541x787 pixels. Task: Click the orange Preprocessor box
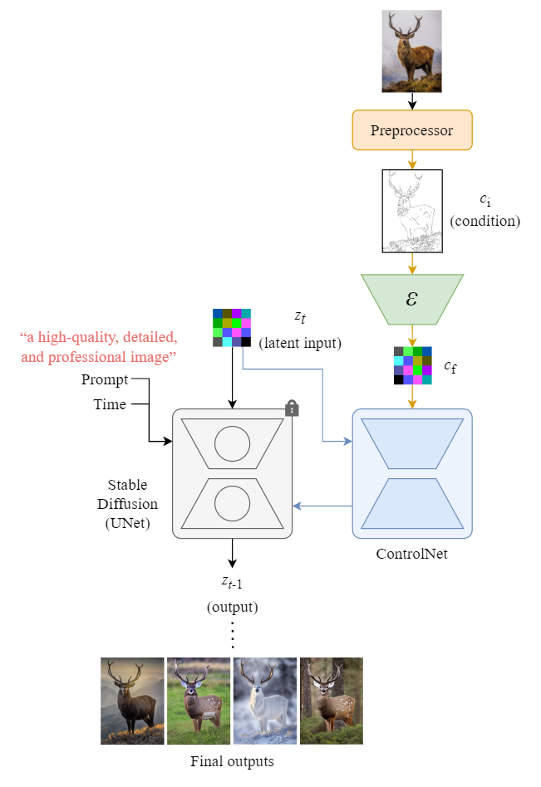pyautogui.click(x=411, y=130)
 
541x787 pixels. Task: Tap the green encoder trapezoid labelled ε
pyautogui.click(x=411, y=300)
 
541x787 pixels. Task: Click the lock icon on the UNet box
pyautogui.click(x=291, y=408)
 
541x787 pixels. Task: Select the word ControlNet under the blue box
pyautogui.click(x=411, y=554)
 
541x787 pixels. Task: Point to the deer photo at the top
pyautogui.click(x=411, y=51)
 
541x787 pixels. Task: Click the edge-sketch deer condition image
pyautogui.click(x=411, y=210)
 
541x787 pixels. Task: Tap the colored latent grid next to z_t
pyautogui.click(x=232, y=327)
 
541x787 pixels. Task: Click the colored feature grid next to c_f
pyautogui.click(x=412, y=366)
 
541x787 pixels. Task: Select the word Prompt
pyautogui.click(x=105, y=380)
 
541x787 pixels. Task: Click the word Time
pyautogui.click(x=110, y=404)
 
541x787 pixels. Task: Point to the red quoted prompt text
pyautogui.click(x=98, y=347)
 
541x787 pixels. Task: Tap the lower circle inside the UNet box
pyautogui.click(x=232, y=504)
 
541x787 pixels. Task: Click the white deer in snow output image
pyautogui.click(x=264, y=701)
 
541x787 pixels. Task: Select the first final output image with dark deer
pyautogui.click(x=132, y=701)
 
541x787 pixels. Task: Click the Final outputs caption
pyautogui.click(x=232, y=760)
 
